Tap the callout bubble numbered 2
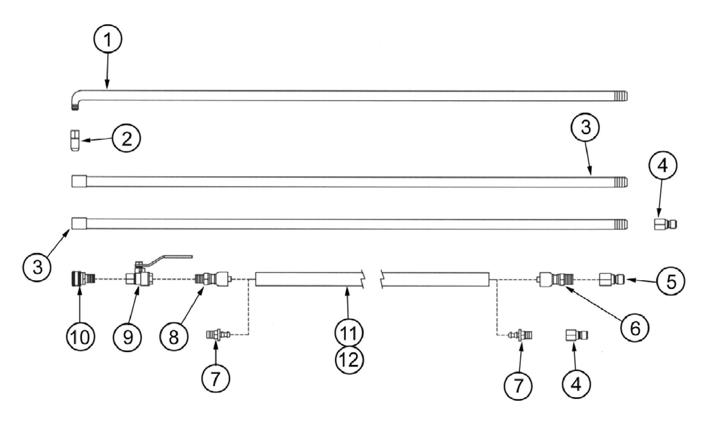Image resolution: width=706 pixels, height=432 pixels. click(x=126, y=139)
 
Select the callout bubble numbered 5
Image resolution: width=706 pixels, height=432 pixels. click(x=671, y=281)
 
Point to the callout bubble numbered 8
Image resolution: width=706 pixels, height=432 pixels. click(x=174, y=337)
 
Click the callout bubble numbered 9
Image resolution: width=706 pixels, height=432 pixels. click(x=127, y=337)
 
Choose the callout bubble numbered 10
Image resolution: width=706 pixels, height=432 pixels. click(x=80, y=337)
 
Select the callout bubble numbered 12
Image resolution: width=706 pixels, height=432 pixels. click(x=349, y=360)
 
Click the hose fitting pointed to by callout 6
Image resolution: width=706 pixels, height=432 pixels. click(x=552, y=279)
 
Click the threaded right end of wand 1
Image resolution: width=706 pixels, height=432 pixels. click(x=621, y=96)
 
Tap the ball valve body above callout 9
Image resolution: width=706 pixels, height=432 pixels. click(x=140, y=279)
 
